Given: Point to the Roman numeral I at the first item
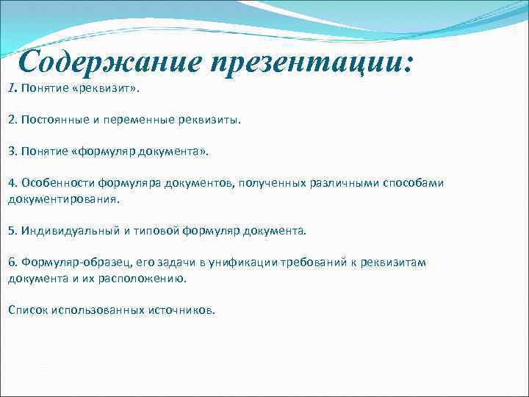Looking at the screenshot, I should pos(11,88).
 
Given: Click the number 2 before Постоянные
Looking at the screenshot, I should pos(11,119).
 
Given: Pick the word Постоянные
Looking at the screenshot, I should pos(53,119).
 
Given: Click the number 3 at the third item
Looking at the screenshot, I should pos(11,151).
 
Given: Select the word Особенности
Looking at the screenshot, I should pos(56,182).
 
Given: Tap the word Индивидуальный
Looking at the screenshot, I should pos(66,230).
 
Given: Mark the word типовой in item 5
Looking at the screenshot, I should pos(159,230).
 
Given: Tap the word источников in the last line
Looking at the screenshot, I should pos(184,310).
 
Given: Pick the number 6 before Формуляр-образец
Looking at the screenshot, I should pos(11,262).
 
